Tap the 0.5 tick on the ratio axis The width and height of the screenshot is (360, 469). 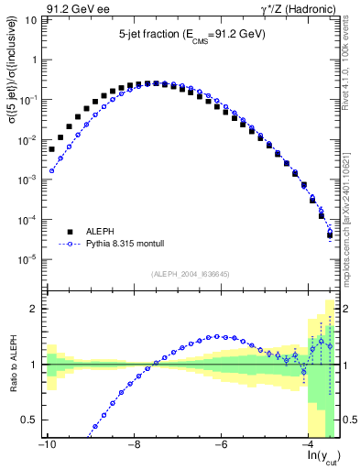(28, 420)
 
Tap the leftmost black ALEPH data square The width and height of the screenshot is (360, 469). (52, 148)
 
